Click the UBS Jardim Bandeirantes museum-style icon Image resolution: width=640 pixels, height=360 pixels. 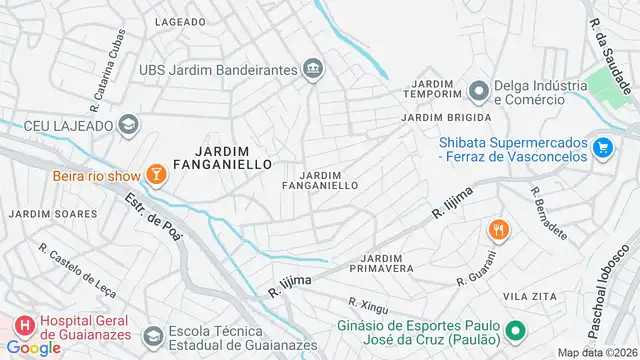click(x=313, y=69)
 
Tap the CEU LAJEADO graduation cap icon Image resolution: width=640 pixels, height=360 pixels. click(x=128, y=124)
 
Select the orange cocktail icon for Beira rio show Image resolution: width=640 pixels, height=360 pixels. click(x=156, y=176)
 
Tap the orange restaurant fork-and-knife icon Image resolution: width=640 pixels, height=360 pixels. click(x=497, y=231)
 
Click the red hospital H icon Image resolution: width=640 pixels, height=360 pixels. click(x=22, y=327)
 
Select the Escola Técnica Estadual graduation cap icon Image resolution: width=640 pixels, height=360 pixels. click(x=152, y=336)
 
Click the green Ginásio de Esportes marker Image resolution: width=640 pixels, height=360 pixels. click(x=515, y=331)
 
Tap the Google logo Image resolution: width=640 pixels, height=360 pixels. click(x=33, y=347)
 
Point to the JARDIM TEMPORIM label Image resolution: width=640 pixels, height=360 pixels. click(x=433, y=88)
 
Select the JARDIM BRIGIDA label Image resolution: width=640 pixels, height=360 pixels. click(x=434, y=117)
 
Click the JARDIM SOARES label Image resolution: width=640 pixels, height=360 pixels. click(x=53, y=214)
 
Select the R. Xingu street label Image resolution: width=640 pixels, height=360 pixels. click(x=366, y=302)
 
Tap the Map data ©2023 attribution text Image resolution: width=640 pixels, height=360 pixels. click(x=597, y=352)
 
